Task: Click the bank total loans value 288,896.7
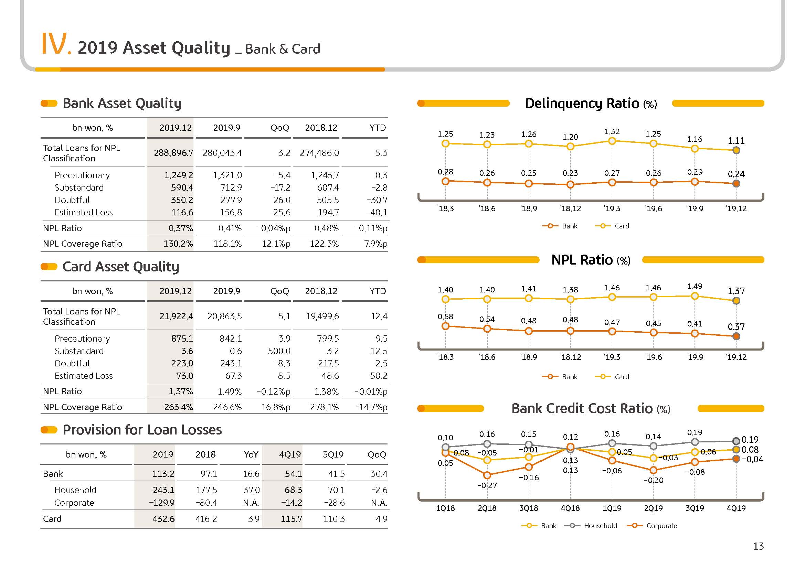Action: click(x=173, y=153)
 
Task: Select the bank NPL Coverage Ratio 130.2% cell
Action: click(x=178, y=244)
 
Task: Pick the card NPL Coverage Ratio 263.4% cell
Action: click(x=179, y=407)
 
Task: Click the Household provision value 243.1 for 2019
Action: click(x=163, y=490)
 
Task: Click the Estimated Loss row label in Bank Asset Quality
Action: click(x=83, y=212)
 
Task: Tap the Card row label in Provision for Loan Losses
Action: click(x=52, y=519)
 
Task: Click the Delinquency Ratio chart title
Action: click(x=591, y=103)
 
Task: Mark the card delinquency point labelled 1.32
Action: click(x=612, y=141)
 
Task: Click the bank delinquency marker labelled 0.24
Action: click(x=736, y=184)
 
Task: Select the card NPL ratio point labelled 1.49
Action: click(x=695, y=297)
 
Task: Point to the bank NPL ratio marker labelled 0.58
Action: click(x=445, y=326)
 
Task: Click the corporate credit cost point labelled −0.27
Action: click(x=487, y=475)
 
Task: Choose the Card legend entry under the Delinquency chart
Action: click(x=612, y=226)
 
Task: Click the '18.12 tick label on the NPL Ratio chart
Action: click(x=570, y=357)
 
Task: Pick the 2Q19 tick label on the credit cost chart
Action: click(x=653, y=508)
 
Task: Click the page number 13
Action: click(x=759, y=546)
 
